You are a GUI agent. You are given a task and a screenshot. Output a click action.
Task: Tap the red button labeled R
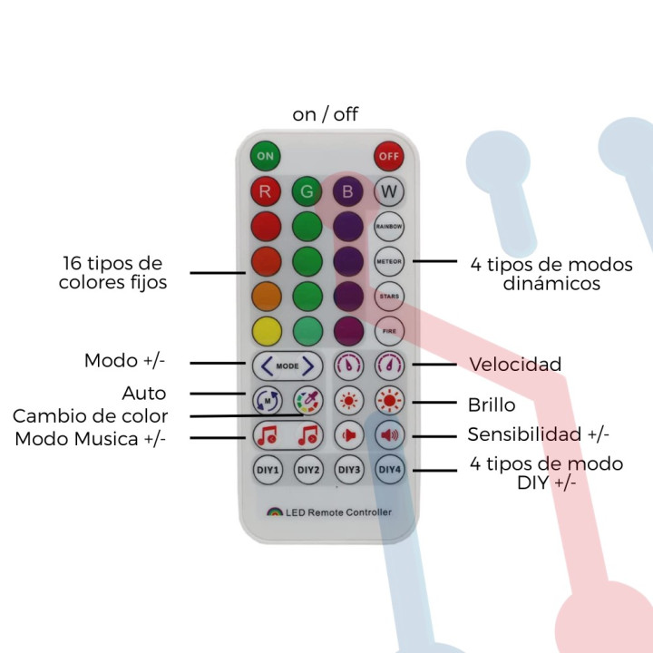point(265,191)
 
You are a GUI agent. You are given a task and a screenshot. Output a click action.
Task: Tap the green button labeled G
point(307,191)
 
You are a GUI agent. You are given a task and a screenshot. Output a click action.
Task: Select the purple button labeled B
point(348,191)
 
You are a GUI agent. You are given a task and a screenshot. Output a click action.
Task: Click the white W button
point(389,191)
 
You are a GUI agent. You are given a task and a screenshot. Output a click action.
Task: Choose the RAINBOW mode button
point(389,226)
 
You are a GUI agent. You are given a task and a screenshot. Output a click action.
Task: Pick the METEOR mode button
point(389,261)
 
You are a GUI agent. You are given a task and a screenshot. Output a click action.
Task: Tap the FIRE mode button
point(389,330)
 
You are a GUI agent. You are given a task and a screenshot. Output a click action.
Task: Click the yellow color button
point(265,330)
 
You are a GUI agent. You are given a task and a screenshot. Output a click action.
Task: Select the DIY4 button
point(389,469)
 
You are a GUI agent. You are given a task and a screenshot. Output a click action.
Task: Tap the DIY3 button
point(349,469)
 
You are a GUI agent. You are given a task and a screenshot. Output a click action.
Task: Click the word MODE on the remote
point(287,365)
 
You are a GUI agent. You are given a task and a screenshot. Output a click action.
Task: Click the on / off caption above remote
point(325,114)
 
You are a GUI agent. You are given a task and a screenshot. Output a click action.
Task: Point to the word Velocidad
point(515,365)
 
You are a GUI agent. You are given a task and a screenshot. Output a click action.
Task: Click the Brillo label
point(492,405)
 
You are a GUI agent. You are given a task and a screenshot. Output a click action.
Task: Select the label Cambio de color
point(90,416)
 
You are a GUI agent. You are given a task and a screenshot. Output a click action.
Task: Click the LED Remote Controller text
point(338,512)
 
